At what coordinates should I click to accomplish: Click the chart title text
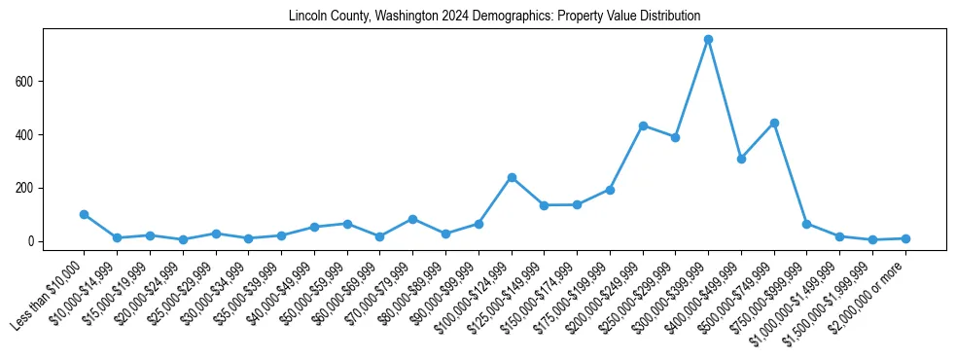click(x=494, y=17)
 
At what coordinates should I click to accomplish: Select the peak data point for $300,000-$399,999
click(x=708, y=40)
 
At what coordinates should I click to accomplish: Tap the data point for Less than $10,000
click(x=85, y=214)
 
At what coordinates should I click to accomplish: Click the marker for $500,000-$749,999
click(x=774, y=123)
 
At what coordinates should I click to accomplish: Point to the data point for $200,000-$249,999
click(x=643, y=126)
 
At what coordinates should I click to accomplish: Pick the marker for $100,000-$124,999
click(x=512, y=177)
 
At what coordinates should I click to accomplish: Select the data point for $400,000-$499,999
click(x=741, y=159)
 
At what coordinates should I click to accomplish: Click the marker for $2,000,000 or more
click(x=905, y=238)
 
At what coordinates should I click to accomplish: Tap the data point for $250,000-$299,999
click(x=675, y=137)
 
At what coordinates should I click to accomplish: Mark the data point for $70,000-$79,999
click(x=412, y=219)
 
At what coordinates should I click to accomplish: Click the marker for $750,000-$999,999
click(x=806, y=224)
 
